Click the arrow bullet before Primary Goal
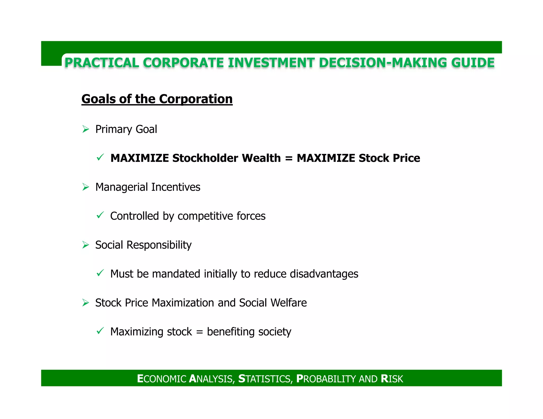[x=85, y=129]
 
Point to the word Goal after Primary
[x=146, y=129]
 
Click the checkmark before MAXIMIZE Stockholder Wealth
[x=100, y=158]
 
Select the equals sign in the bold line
[x=288, y=158]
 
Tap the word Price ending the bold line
[x=406, y=158]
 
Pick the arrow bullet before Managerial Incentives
[x=85, y=187]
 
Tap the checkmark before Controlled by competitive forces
[x=100, y=215]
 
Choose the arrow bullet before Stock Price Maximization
[x=85, y=302]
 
